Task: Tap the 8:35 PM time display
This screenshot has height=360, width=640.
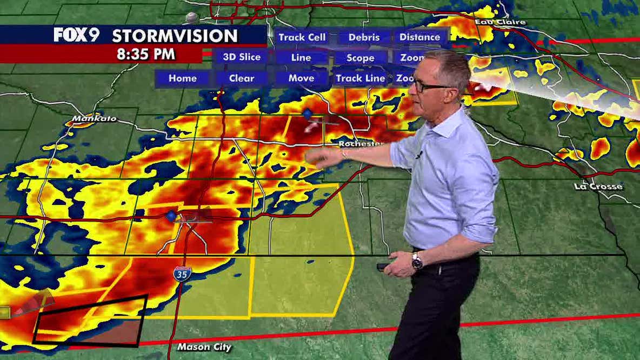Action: [146, 54]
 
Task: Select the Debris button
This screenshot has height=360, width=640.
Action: [364, 37]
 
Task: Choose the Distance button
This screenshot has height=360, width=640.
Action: [420, 37]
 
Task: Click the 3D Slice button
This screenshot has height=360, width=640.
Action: [242, 57]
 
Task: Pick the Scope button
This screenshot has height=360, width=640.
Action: [360, 58]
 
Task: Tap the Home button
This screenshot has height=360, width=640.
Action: [183, 78]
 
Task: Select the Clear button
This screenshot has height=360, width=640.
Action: [242, 78]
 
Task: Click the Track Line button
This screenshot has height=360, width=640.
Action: [360, 78]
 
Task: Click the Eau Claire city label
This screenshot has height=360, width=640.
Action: [492, 22]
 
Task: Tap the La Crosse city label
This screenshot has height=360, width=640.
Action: [598, 187]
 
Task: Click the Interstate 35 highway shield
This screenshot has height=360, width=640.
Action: [182, 274]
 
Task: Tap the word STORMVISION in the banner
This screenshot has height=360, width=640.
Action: [175, 36]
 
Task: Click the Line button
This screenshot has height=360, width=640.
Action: [301, 58]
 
